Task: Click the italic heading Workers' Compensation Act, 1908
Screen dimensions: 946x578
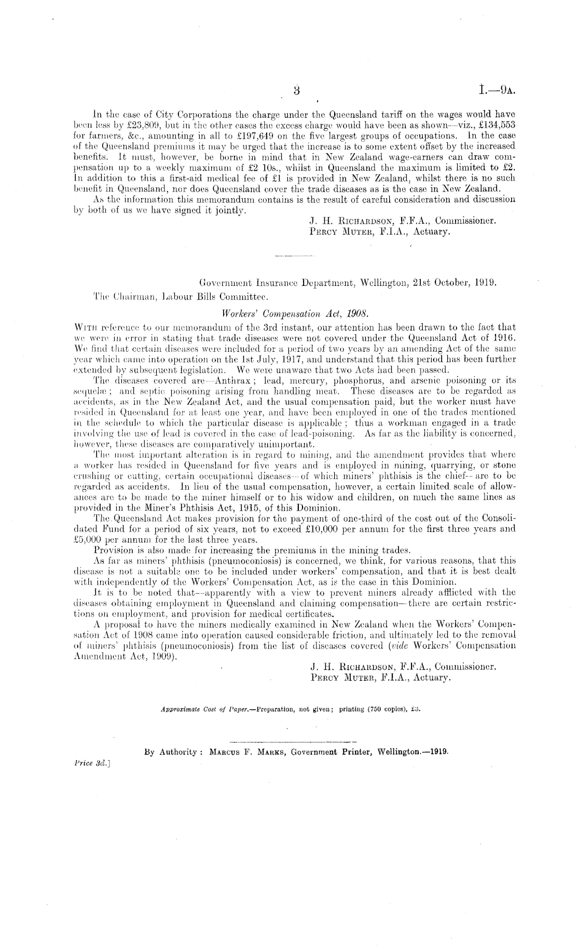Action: tap(295, 313)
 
